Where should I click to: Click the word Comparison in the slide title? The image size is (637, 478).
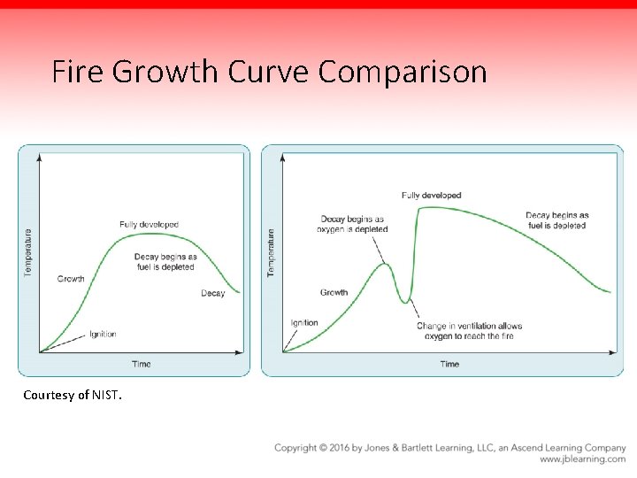coord(403,72)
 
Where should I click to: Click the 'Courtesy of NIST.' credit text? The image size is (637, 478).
coord(73,395)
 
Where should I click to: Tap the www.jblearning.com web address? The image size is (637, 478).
coord(582,459)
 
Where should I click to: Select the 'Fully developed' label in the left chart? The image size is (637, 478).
coord(149,225)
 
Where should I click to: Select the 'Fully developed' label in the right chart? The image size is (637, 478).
coord(431,196)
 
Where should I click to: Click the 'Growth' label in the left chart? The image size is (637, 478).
coord(71,279)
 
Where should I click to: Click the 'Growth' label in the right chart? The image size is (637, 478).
coord(334,292)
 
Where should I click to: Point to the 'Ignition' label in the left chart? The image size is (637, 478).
coord(103,335)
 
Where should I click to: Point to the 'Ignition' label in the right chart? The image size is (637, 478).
coord(303,323)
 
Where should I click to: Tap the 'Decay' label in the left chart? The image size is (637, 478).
coord(212,293)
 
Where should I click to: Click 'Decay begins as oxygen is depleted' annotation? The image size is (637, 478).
coord(352,224)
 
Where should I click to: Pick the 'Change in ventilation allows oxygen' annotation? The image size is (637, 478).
coord(470,331)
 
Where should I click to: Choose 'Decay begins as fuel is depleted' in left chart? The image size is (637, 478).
coord(165,262)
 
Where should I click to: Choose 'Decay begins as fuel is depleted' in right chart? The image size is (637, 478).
coord(556,220)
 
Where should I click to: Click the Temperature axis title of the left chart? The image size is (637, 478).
coord(27,251)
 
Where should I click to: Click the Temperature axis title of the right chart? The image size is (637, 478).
coord(271,251)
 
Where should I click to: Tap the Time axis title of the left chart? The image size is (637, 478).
coord(141,364)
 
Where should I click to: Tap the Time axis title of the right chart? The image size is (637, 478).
coord(449,364)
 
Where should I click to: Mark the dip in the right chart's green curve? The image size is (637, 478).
coord(407,303)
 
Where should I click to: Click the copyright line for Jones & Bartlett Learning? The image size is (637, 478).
coord(449,448)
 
